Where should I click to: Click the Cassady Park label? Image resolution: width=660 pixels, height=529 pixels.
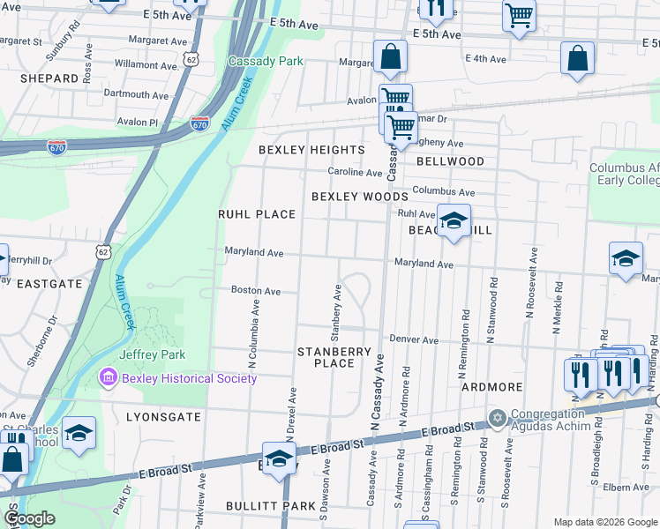pyautogui.click(x=265, y=61)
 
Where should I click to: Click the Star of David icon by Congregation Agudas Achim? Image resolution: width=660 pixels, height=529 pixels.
pyautogui.click(x=497, y=416)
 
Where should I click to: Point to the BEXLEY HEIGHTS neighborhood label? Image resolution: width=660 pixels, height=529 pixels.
pyautogui.click(x=311, y=150)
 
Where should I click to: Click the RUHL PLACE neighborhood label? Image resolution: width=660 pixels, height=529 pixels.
pyautogui.click(x=257, y=214)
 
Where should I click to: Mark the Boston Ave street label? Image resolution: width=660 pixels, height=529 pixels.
pyautogui.click(x=255, y=290)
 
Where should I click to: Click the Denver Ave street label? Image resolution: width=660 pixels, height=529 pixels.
pyautogui.click(x=414, y=339)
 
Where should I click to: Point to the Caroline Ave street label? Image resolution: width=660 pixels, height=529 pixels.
pyautogui.click(x=355, y=172)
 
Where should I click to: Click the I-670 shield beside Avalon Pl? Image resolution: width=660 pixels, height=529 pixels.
pyautogui.click(x=199, y=125)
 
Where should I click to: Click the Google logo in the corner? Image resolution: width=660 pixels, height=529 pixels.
pyautogui.click(x=29, y=519)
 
